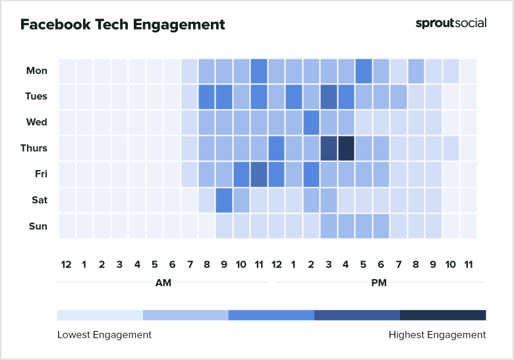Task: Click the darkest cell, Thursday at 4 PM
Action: tap(346, 148)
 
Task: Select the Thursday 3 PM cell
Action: tap(329, 148)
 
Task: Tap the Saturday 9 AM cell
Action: tap(224, 200)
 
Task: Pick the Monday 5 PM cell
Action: tap(364, 71)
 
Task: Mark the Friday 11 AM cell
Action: tap(259, 174)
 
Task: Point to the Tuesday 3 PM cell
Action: tap(329, 96)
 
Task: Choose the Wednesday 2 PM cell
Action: tap(311, 122)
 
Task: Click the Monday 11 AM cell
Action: tap(259, 71)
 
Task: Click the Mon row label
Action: tap(36, 71)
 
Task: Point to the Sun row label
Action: tap(38, 226)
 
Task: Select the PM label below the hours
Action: tap(379, 283)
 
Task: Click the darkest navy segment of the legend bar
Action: tap(443, 315)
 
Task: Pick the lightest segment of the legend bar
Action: tap(100, 315)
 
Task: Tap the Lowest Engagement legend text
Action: tap(104, 335)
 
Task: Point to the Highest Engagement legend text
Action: tap(437, 335)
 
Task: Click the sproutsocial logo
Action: tap(451, 23)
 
